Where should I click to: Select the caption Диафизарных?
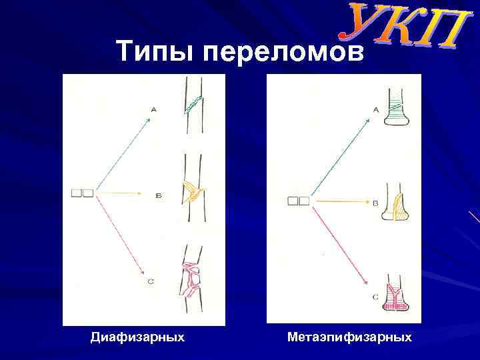click(x=137, y=337)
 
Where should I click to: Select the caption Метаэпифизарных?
click(x=349, y=337)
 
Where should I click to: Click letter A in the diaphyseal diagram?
click(x=154, y=109)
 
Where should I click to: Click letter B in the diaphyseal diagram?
click(x=158, y=196)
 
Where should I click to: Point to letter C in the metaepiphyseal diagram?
click(x=375, y=296)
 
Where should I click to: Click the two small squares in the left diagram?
click(x=82, y=193)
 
